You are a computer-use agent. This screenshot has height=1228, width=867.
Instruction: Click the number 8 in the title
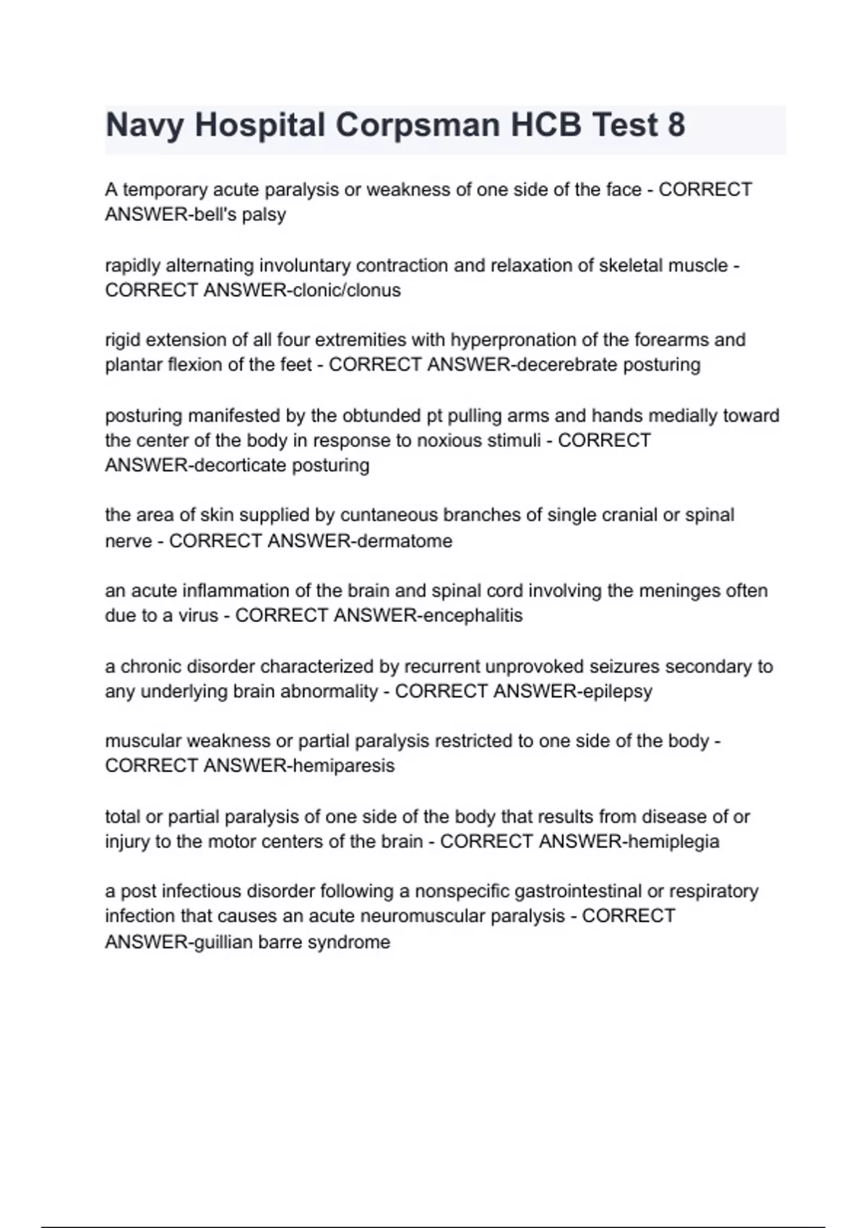(x=676, y=125)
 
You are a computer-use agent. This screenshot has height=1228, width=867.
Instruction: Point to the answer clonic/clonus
(x=347, y=290)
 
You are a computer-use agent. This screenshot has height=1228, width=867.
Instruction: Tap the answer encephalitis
(x=473, y=615)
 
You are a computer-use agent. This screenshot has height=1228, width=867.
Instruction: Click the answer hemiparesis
(x=343, y=766)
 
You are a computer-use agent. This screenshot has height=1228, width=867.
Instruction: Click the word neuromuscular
(x=422, y=916)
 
